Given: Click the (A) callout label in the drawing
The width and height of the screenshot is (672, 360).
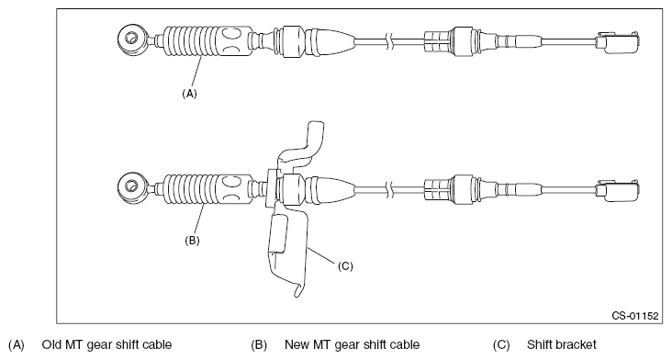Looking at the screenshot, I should (189, 92).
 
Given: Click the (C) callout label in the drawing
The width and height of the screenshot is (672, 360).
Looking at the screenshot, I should (345, 266).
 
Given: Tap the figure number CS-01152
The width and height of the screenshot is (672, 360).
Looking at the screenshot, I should (635, 314).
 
